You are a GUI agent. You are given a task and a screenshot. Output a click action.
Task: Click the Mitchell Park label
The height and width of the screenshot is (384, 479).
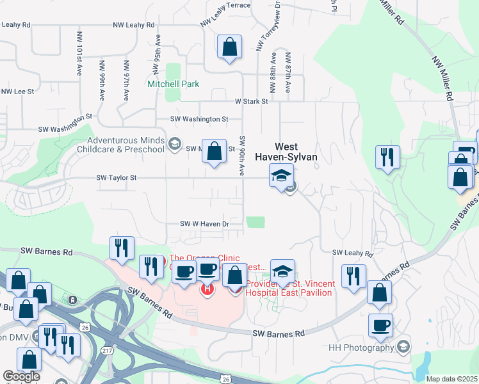[173, 84]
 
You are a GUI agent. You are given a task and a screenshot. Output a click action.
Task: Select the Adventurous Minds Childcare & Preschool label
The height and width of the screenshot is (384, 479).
[126, 145]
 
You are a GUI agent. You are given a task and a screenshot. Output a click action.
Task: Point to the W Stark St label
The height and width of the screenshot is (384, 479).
[250, 101]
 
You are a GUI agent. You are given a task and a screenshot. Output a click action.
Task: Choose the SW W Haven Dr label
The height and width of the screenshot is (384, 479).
[204, 224]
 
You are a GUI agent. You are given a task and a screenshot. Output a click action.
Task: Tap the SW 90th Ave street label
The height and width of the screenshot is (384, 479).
[243, 156]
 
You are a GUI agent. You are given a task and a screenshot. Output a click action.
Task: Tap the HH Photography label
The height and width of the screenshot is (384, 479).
[362, 348]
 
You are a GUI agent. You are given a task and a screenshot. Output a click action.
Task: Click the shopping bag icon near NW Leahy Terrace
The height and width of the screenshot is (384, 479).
[229, 47]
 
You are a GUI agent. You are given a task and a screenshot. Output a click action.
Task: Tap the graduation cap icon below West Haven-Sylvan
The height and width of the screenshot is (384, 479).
[281, 175]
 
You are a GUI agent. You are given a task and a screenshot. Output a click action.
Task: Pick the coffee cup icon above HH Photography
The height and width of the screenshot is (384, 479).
[380, 324]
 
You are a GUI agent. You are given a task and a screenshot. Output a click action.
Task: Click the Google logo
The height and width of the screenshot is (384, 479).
[22, 376]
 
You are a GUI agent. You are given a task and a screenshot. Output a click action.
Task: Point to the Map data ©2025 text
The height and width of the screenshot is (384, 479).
[451, 379]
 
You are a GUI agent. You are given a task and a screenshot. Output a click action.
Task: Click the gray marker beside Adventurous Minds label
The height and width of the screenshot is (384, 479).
[174, 145]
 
